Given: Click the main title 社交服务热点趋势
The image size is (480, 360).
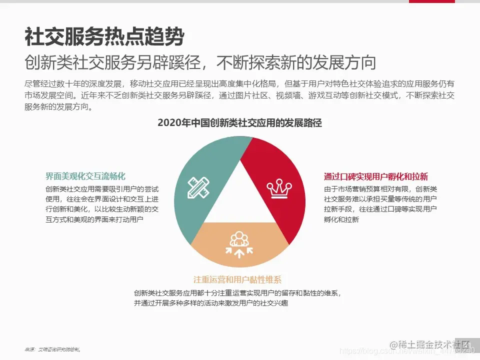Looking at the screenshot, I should [104, 37].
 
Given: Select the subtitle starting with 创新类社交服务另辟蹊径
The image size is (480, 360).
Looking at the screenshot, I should [200, 63].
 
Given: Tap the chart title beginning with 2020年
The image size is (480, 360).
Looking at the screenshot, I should [239, 123].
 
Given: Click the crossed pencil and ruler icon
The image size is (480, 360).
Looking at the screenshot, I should [199, 186].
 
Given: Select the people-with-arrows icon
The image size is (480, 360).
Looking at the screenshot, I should [239, 243].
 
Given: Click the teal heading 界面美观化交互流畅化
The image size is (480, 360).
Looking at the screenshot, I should [85, 176].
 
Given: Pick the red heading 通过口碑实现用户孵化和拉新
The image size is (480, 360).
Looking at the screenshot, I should [376, 176].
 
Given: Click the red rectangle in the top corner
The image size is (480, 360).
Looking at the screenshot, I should [432, 1].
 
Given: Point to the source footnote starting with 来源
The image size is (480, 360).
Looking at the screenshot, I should [52, 349].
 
